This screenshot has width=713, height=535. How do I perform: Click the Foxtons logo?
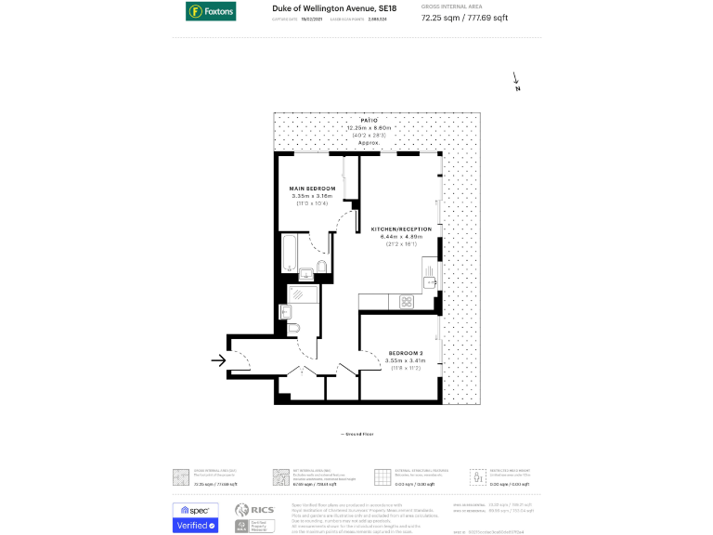tap(209, 12)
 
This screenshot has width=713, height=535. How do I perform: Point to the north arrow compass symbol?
tap(516, 84)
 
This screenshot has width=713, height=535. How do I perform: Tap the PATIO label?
tap(369, 121)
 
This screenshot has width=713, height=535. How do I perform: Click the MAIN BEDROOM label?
tap(312, 188)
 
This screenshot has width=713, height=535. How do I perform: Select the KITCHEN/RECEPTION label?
tap(401, 228)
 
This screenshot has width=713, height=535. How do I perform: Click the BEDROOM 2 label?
tap(406, 354)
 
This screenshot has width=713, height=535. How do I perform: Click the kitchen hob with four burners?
tap(407, 302)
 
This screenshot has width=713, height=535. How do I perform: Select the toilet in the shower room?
tap(292, 329)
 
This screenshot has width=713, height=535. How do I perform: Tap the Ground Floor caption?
tap(356, 434)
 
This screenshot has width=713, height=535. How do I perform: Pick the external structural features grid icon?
tap(380, 476)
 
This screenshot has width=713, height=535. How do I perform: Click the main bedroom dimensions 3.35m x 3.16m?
tap(312, 196)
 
